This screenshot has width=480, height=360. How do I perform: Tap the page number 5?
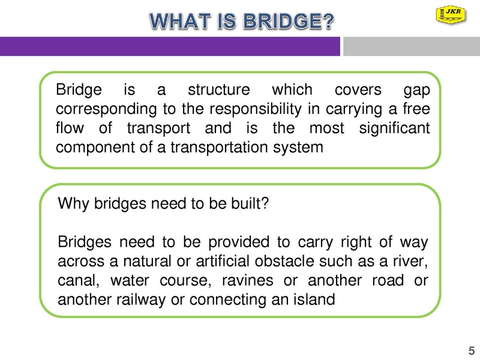pyautogui.click(x=472, y=350)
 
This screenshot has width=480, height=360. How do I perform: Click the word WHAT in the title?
pyautogui.click(x=180, y=21)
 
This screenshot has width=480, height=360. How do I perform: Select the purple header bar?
pyautogui.click(x=170, y=46)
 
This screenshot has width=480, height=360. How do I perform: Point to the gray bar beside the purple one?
pyautogui.click(x=412, y=46)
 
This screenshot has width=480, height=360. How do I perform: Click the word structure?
pyautogui.click(x=219, y=89)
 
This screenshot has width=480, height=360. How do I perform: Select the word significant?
pyautogui.click(x=395, y=128)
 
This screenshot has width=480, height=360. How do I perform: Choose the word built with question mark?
pyautogui.click(x=250, y=203)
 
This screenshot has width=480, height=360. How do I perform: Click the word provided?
pyautogui.click(x=239, y=242)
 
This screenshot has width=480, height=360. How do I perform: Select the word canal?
pyautogui.click(x=79, y=281)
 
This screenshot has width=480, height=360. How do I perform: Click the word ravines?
pyautogui.click(x=247, y=281)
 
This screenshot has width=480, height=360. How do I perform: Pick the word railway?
pyautogui.click(x=141, y=300)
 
